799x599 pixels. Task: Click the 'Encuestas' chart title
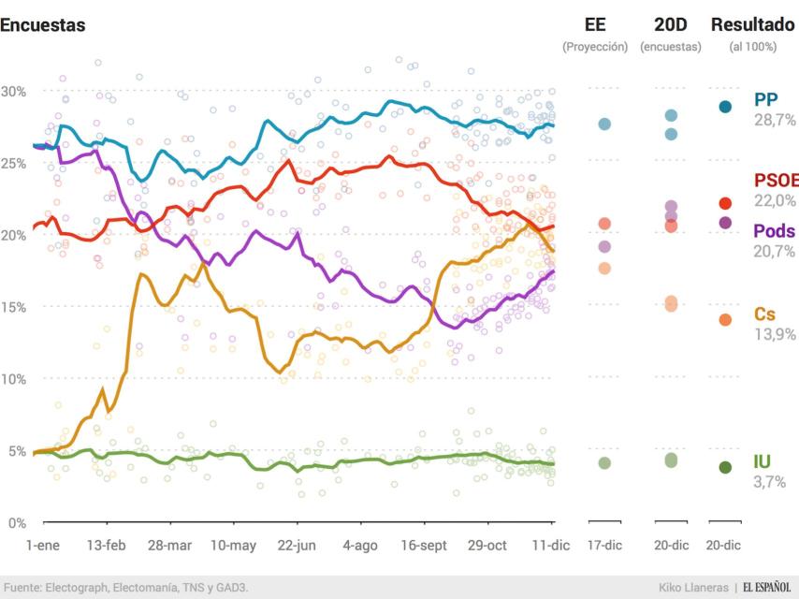tap(43, 25)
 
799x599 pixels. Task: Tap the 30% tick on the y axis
tap(13, 91)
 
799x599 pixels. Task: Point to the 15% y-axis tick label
tap(13, 307)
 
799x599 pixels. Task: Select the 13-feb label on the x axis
tap(106, 545)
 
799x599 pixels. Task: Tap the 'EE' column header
tap(594, 24)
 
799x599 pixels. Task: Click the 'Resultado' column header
tap(753, 24)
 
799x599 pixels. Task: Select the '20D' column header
tap(670, 24)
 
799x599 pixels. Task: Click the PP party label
tap(765, 100)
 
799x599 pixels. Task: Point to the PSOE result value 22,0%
tap(775, 201)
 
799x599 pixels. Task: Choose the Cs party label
tap(763, 314)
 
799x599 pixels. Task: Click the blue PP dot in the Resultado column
tap(725, 107)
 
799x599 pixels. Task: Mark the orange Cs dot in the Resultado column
tap(725, 320)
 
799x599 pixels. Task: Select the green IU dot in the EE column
tap(604, 463)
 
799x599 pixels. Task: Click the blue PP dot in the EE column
tap(604, 124)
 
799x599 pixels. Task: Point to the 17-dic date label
tap(604, 545)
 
